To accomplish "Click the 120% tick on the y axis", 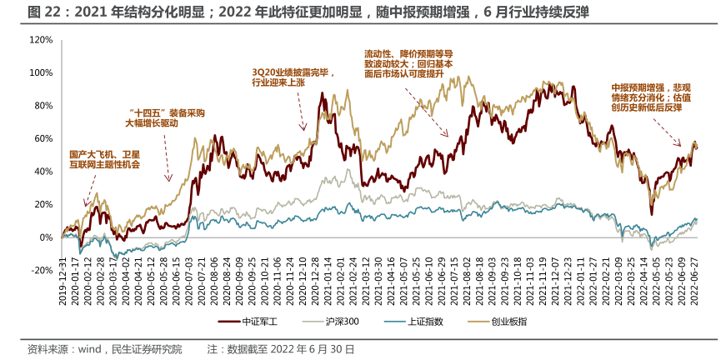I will (x=41, y=40).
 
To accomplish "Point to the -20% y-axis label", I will (x=41, y=271).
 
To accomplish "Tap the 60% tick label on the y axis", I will (x=43, y=138).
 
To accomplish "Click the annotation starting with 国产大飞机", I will (x=104, y=159).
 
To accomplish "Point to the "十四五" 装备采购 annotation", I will (x=164, y=117).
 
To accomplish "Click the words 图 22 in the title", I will (x=43, y=12).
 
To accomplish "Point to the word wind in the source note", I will (x=89, y=349).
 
